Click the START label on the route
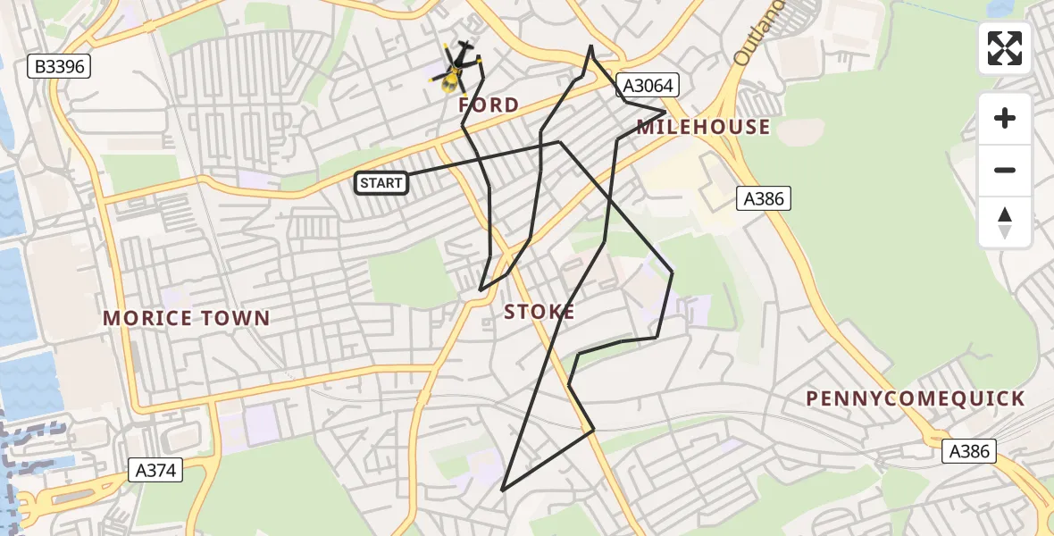click(x=381, y=183)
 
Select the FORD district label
click(x=488, y=105)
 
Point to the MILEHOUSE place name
click(x=703, y=127)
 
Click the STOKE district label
click(x=540, y=312)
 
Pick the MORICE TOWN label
click(x=186, y=318)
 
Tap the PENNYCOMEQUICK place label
click(x=916, y=398)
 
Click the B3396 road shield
click(x=60, y=66)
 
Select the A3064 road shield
click(x=648, y=86)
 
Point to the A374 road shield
click(x=155, y=469)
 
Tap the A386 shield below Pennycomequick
click(x=970, y=451)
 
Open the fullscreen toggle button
click(x=1005, y=48)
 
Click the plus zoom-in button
click(x=1005, y=118)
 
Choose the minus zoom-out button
click(x=1005, y=170)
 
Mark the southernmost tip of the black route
click(x=503, y=490)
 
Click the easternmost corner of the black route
click(x=673, y=272)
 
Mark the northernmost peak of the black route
click(x=590, y=46)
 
